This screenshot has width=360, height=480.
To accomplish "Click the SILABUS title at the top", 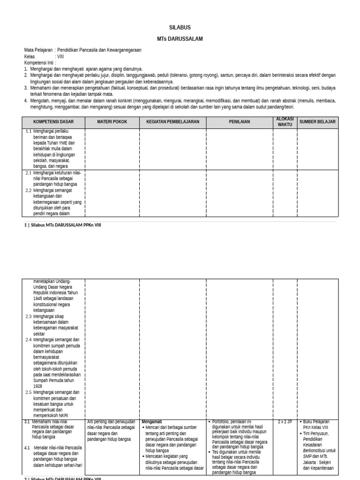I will coord(180,28).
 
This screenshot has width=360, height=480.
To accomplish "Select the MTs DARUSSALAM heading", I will coord(180,39).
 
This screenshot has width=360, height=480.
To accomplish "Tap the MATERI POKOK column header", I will coord(112,122).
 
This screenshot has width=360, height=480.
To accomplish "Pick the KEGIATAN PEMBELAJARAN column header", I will coord(173,122).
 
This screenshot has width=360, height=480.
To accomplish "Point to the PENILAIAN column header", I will coord(240,122).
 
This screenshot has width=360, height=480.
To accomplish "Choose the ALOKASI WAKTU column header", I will coord(285,122).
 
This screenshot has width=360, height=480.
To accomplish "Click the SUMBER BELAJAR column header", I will coord(317,122).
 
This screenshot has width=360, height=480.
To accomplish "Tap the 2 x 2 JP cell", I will coord(285,422).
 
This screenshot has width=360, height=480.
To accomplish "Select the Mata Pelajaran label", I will coord(38,50).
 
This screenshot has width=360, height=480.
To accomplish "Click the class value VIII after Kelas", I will coord(60,56).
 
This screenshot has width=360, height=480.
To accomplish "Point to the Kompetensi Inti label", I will coord(38,62).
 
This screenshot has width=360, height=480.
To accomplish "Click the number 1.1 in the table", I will coord(29,131).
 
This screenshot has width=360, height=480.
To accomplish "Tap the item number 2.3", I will coord(28,316).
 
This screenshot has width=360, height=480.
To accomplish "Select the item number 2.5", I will coord(28,392).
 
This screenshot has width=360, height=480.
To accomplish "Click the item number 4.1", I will coord(27,448).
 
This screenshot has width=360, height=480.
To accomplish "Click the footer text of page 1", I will coord(62,225).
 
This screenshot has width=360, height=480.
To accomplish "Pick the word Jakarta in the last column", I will coord(310,462).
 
